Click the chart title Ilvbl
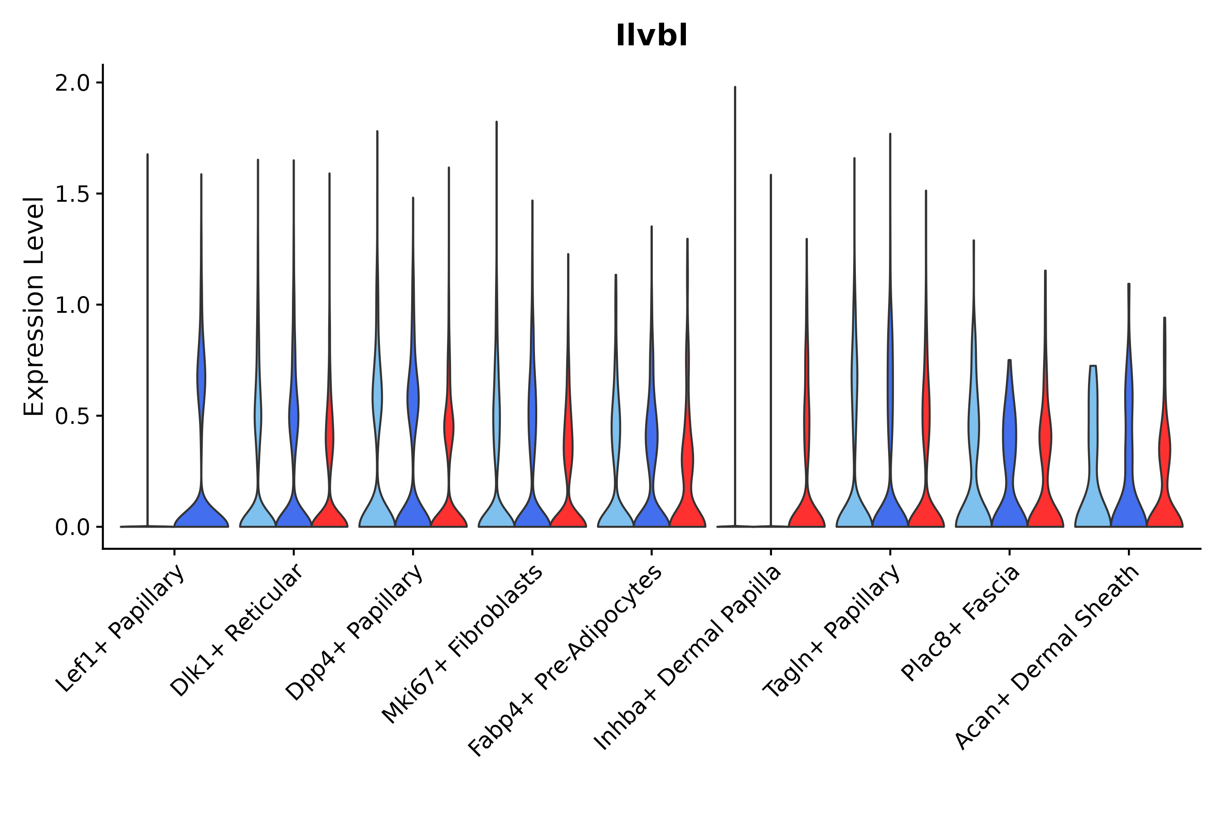(x=651, y=36)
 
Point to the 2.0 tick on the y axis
(x=73, y=83)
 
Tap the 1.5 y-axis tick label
(x=73, y=194)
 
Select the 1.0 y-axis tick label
(x=73, y=305)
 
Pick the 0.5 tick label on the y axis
(x=73, y=416)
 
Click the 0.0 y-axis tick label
(x=73, y=527)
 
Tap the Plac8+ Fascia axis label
(x=960, y=623)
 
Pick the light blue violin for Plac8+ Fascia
(x=973, y=500)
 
